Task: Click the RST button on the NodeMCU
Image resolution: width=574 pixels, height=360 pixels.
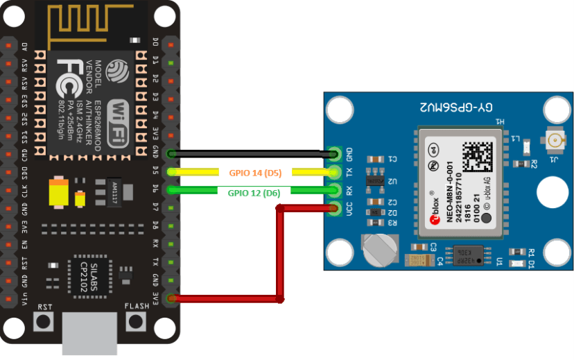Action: (x=44, y=321)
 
